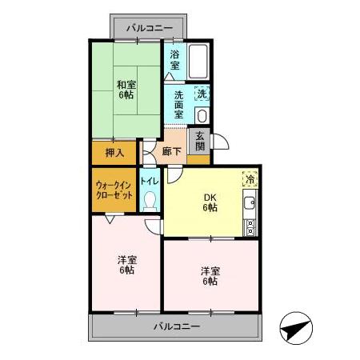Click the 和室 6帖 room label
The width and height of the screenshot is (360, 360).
(126, 90)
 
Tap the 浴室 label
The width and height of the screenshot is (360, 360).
(174, 61)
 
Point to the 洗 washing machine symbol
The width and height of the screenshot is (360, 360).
(202, 94)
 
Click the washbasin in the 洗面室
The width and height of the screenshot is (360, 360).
(200, 114)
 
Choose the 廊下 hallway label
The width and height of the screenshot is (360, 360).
(172, 150)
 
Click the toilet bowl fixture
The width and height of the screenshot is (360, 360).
(150, 203)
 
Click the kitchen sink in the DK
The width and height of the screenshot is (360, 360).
(250, 201)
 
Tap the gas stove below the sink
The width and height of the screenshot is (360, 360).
(250, 224)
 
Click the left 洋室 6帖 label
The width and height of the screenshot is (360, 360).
(126, 265)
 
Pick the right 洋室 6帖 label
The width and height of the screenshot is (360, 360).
(210, 275)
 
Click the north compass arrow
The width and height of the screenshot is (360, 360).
(294, 327)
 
